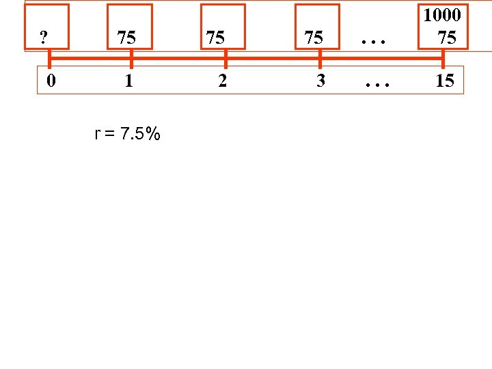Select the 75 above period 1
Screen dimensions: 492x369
126,38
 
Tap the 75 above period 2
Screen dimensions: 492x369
215,38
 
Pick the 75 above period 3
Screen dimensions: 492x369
314,38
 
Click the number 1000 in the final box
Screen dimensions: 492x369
442,15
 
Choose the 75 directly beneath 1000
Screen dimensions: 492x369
447,38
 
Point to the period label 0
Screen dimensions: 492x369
51,81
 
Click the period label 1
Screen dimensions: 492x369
128,81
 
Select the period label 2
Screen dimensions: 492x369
222,81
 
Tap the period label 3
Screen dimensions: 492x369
320,81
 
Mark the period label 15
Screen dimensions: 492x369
444,81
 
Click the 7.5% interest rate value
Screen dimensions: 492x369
140,134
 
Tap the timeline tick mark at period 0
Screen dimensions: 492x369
49,59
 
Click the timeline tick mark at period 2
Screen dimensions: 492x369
225,59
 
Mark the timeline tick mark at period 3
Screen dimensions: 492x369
320,59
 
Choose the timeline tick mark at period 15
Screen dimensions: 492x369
443,59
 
